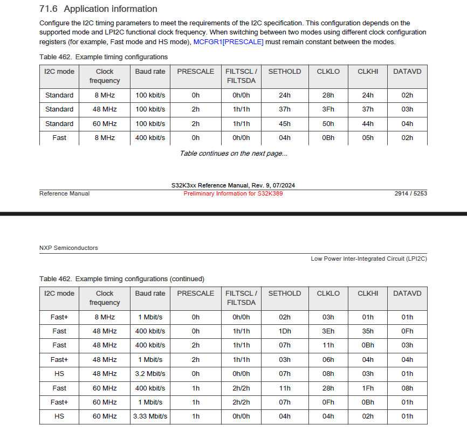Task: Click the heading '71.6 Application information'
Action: coord(98,9)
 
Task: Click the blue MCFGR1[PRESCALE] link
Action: coord(228,42)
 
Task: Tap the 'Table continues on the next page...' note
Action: coord(233,154)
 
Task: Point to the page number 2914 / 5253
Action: coord(410,193)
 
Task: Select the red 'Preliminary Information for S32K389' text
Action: coord(233,193)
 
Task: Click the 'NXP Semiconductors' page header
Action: coord(68,248)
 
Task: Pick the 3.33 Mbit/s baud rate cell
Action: coord(150,416)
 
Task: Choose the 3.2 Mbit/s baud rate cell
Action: coord(150,374)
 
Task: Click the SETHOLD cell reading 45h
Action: coord(285,124)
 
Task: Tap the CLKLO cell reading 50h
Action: coord(328,124)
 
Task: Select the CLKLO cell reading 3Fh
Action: coord(328,109)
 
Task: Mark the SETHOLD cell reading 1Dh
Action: coord(285,331)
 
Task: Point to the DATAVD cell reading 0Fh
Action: coord(407,331)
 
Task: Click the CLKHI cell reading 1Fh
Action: coord(368,388)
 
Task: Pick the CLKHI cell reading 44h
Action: coord(368,124)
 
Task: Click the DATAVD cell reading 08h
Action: coord(407,388)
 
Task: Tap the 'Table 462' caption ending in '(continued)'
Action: coord(122,279)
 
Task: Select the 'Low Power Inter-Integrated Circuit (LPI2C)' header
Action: coord(369,259)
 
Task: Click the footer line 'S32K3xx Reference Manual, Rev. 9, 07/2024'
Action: coord(233,186)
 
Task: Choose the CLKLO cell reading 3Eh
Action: coord(328,331)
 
